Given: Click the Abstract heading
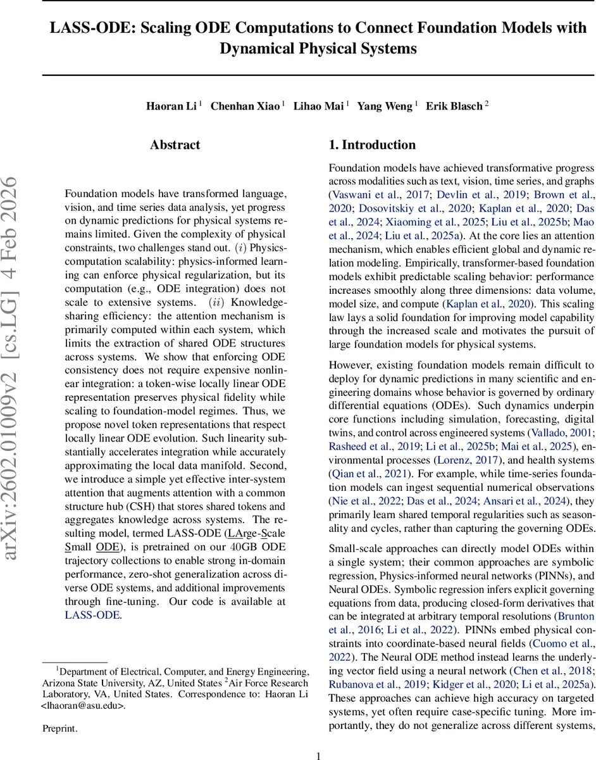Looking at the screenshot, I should point(175,145).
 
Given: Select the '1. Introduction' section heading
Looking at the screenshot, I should point(372,145).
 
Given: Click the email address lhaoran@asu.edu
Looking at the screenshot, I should point(82,705).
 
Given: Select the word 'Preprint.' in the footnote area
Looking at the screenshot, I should point(59,729).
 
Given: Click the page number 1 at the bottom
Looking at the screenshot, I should point(319,755).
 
